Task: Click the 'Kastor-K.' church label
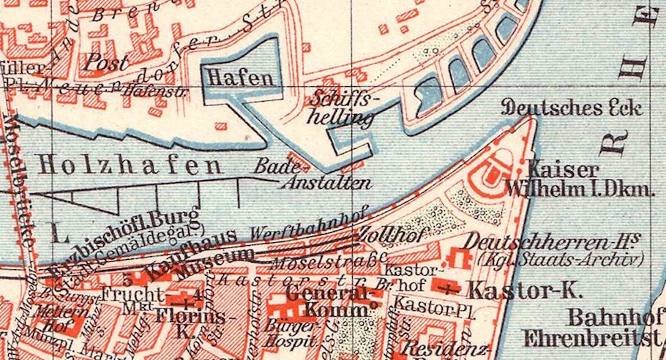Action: pos(525,288)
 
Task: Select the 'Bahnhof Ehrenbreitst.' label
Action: pos(593,329)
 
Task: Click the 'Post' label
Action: pos(107,62)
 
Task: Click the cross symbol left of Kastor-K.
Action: pos(449,289)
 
